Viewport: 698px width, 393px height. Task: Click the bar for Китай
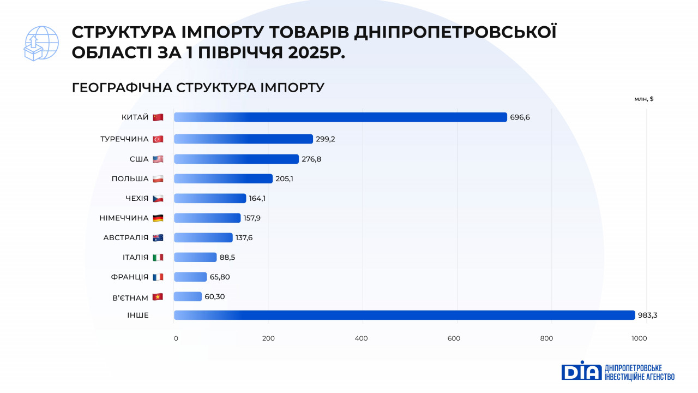pyautogui.click(x=340, y=117)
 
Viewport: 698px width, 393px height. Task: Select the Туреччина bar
pyautogui.click(x=243, y=139)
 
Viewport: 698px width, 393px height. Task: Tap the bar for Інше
pyautogui.click(x=404, y=315)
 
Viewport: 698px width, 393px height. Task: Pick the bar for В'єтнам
pyautogui.click(x=188, y=296)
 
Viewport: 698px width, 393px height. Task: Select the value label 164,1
pyautogui.click(x=257, y=198)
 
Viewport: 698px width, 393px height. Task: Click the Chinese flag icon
pyautogui.click(x=158, y=117)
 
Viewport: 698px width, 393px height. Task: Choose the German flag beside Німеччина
pyautogui.click(x=158, y=218)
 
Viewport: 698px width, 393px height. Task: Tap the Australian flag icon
pyautogui.click(x=158, y=237)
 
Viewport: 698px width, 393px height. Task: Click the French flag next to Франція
pyautogui.click(x=158, y=277)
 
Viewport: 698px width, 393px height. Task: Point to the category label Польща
pyautogui.click(x=130, y=178)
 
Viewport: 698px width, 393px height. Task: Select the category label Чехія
pyautogui.click(x=137, y=198)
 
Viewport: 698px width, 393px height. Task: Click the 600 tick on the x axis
pyautogui.click(x=454, y=338)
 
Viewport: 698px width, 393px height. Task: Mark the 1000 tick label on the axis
pyautogui.click(x=639, y=338)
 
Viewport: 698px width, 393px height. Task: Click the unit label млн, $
pyautogui.click(x=643, y=99)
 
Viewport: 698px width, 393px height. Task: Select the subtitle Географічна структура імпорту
pyautogui.click(x=198, y=87)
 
